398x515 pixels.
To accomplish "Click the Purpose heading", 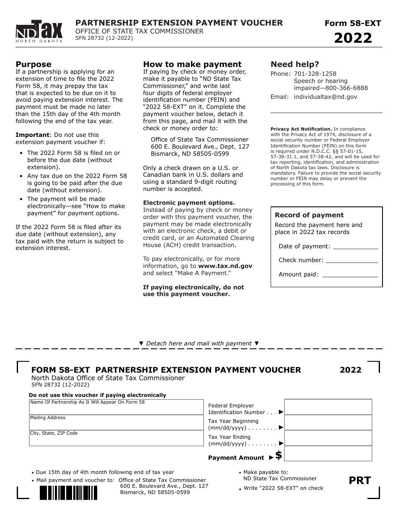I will tap(34, 64).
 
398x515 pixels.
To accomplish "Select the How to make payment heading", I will tap(192, 64).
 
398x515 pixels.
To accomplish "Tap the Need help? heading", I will tap(295, 64).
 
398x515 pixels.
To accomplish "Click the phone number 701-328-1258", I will tap(315, 74).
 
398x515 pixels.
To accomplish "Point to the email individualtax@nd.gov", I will tap(326, 97).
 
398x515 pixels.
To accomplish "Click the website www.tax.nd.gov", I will tap(225, 266).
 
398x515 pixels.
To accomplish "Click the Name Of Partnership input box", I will tap(116, 407).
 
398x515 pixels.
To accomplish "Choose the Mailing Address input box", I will tap(116, 422).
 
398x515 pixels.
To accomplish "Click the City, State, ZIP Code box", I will tap(116, 438).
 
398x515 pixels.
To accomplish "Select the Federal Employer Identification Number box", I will tap(328, 407).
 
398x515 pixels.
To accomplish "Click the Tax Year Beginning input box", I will tap(328, 422).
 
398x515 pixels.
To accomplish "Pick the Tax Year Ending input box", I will tap(328, 438).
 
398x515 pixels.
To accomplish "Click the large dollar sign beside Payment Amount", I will tap(279, 456).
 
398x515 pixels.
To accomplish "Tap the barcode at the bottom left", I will tap(68, 492).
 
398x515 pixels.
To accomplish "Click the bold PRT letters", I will tap(360, 480).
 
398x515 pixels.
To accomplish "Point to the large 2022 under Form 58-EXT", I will tap(353, 38).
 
